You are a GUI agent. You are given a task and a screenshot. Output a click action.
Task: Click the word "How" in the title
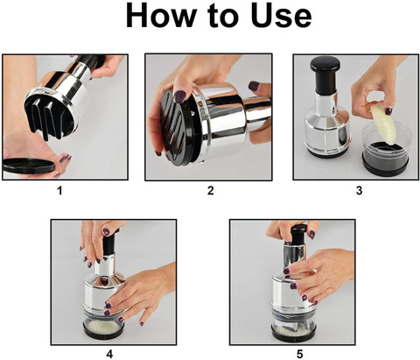pyautogui.click(x=160, y=17)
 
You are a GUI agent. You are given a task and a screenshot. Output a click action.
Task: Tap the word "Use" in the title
pyautogui.click(x=281, y=17)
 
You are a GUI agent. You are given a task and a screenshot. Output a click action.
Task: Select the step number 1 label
pyautogui.click(x=59, y=191)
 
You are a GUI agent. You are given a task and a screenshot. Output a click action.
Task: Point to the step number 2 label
pyautogui.click(x=210, y=191)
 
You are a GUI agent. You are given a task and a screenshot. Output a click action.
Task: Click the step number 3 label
pyautogui.click(x=359, y=191)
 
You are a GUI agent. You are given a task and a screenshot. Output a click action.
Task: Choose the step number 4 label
pyautogui.click(x=109, y=354)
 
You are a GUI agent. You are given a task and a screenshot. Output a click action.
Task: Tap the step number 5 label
pyautogui.click(x=299, y=354)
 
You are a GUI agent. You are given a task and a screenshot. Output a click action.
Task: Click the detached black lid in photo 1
pyautogui.click(x=29, y=166)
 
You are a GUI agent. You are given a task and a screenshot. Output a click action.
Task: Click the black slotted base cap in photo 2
pyautogui.click(x=177, y=128)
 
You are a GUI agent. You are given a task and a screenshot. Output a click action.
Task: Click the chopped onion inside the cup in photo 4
pyautogui.click(x=103, y=326)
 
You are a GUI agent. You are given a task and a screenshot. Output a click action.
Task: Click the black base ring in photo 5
pyautogui.click(x=293, y=335)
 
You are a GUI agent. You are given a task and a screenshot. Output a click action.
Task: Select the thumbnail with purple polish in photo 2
pyautogui.click(x=180, y=96)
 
